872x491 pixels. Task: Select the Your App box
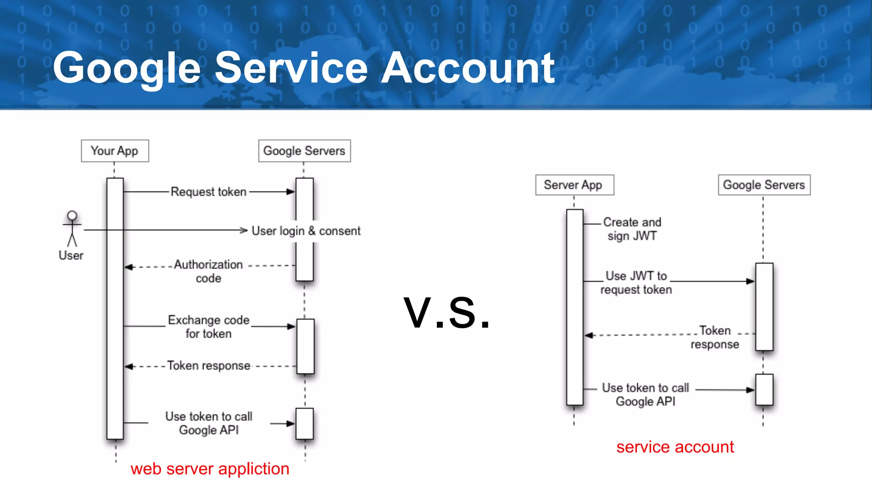pyautogui.click(x=115, y=151)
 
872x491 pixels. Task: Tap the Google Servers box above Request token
pyautogui.click(x=304, y=151)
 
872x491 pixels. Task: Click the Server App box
pyautogui.click(x=574, y=185)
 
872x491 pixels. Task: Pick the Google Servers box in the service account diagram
pyautogui.click(x=764, y=185)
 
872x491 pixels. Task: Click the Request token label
pyautogui.click(x=209, y=192)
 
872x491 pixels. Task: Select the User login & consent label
pyautogui.click(x=306, y=231)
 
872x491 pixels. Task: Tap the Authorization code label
pyautogui.click(x=209, y=271)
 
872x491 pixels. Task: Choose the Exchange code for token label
pyautogui.click(x=209, y=326)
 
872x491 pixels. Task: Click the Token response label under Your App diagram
pyautogui.click(x=209, y=366)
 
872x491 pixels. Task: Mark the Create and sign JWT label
pyautogui.click(x=632, y=229)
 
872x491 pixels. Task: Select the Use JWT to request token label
pyautogui.click(x=636, y=283)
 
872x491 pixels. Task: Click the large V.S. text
pyautogui.click(x=447, y=314)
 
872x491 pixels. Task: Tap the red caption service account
pyautogui.click(x=675, y=447)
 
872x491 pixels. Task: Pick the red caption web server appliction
pyautogui.click(x=210, y=469)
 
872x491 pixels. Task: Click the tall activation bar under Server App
pyautogui.click(x=574, y=307)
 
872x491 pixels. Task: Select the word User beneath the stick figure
pyautogui.click(x=71, y=255)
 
